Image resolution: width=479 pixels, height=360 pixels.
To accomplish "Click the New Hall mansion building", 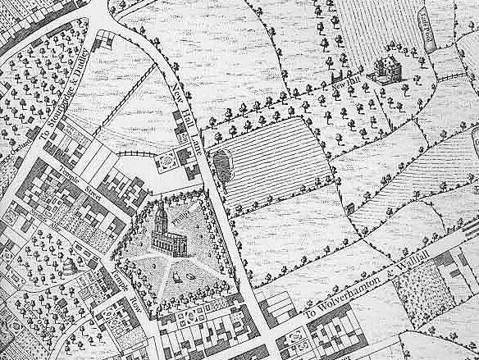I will [383, 70].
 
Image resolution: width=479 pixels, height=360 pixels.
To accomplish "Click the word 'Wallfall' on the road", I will [422, 264].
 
